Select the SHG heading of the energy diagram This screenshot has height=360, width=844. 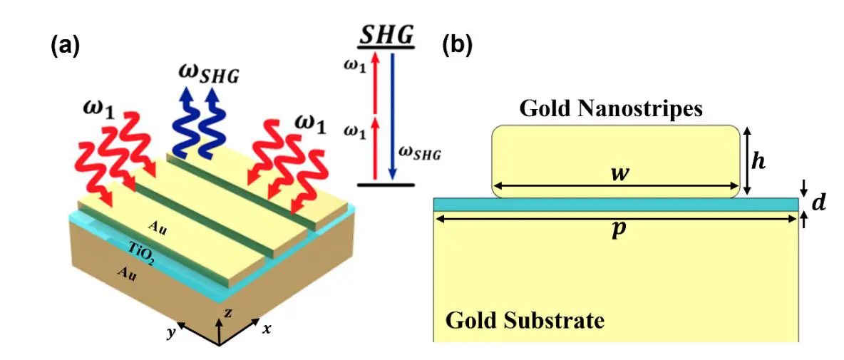coord(387,34)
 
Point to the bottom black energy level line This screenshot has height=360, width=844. coord(386,185)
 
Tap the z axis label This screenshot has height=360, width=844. coord(227,312)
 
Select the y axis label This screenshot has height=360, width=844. coord(170,333)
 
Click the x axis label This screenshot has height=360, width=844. coord(267,329)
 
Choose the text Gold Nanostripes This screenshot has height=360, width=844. coord(611,108)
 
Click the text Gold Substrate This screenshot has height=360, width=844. coord(525,320)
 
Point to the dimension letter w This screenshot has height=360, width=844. coord(619,174)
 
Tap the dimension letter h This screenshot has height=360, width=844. coord(760,161)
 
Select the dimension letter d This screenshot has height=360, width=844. coord(819,203)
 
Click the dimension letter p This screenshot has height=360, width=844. coord(617,232)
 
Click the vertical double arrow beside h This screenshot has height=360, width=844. coord(746,160)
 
